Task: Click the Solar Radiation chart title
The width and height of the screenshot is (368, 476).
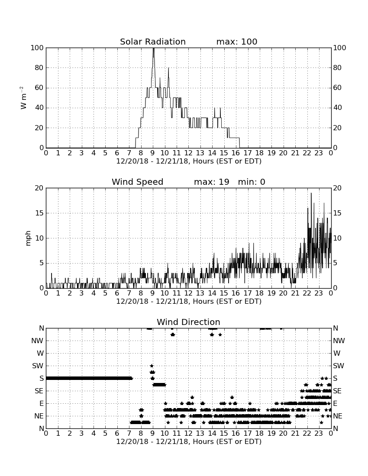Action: [x=153, y=42]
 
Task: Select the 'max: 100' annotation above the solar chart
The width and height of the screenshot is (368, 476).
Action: [x=237, y=42]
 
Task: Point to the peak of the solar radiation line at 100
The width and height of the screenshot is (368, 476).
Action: [x=153, y=48]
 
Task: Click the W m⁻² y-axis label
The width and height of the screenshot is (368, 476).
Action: [x=23, y=98]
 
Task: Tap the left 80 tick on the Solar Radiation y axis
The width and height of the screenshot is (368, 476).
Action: [x=39, y=68]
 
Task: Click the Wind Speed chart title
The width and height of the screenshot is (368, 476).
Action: [x=138, y=182]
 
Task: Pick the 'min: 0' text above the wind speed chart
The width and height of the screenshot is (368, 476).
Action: [x=252, y=182]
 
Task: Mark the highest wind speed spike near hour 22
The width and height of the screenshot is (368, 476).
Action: [x=311, y=193]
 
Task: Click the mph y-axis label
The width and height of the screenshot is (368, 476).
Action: [x=28, y=238]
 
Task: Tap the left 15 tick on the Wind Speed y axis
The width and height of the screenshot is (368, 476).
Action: [x=40, y=213]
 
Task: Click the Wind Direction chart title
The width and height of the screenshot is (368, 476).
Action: [x=188, y=322]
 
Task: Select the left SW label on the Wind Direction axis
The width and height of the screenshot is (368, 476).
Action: [x=38, y=366]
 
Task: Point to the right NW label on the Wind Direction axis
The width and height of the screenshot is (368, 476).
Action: [x=339, y=341]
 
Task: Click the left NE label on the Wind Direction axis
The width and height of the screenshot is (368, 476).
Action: [x=39, y=416]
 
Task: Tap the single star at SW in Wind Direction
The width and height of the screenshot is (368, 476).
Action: [x=152, y=366]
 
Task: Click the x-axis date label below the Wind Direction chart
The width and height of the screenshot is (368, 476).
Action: [x=189, y=441]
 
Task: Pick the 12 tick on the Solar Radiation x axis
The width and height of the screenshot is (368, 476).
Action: [x=189, y=153]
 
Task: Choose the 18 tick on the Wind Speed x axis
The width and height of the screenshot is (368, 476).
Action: [x=260, y=293]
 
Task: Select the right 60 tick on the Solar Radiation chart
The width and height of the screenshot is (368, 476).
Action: [x=337, y=88]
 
